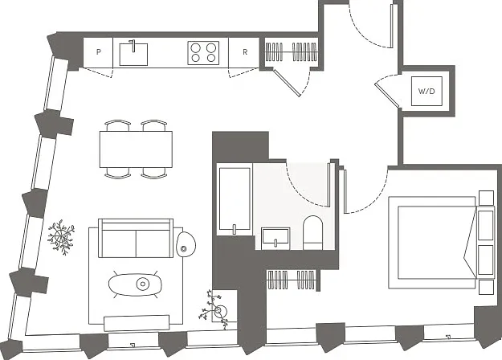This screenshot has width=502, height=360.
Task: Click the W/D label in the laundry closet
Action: tap(426, 91)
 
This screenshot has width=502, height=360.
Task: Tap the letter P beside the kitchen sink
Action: tap(99, 52)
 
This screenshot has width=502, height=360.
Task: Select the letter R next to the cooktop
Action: tap(245, 52)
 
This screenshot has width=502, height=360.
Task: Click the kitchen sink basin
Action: tap(133, 55)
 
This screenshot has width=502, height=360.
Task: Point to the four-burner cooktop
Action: tap(203, 53)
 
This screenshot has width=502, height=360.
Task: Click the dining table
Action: tap(136, 149)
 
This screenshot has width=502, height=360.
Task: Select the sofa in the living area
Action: tap(136, 238)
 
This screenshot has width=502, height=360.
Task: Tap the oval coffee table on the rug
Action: tap(135, 284)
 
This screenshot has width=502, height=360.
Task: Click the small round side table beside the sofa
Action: tap(186, 243)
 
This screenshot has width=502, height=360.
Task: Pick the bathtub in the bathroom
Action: tap(235, 199)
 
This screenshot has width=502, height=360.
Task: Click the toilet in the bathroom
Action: tap(312, 232)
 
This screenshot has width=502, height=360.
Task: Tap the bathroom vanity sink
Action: tap(275, 239)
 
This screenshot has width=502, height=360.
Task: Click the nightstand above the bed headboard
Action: tap(486, 198)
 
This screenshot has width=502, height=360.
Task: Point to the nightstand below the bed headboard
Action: tap(486, 288)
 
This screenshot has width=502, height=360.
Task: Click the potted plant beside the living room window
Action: tap(61, 237)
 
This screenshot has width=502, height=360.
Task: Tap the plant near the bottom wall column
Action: tap(214, 309)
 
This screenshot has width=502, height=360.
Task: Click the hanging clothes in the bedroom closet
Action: tap(292, 280)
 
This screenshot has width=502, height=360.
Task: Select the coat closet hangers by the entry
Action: tap(292, 51)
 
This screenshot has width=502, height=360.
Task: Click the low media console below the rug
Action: tap(137, 322)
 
